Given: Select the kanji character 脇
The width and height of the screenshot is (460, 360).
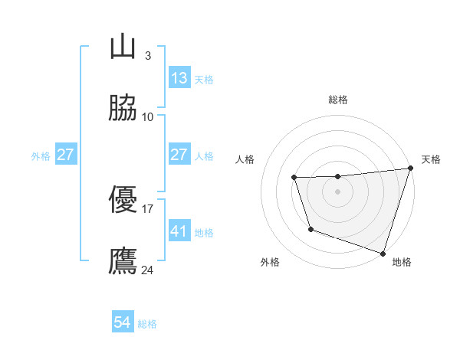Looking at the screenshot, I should (x=123, y=109).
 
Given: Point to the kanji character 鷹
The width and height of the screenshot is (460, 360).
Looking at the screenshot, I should (x=123, y=260).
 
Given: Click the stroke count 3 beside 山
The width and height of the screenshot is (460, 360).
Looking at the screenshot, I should (x=147, y=56).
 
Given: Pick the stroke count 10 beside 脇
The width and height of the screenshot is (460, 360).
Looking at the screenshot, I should (x=148, y=117).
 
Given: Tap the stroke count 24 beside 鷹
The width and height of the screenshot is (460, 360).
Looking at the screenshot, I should (x=148, y=270).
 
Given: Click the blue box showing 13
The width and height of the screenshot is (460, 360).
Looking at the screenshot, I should (x=179, y=78).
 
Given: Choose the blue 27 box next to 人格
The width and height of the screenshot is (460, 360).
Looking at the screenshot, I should (x=179, y=155).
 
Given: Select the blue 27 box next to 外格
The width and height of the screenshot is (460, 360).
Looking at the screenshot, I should (x=65, y=155).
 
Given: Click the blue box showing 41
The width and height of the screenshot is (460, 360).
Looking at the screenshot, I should (x=179, y=231).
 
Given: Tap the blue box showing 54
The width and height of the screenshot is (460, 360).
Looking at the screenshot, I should (x=123, y=322).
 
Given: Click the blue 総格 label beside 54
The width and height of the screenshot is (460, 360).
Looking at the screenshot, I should (x=147, y=324).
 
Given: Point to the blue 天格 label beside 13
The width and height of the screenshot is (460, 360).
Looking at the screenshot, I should (x=204, y=80).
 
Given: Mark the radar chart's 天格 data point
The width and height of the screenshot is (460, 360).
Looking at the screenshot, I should (x=410, y=169).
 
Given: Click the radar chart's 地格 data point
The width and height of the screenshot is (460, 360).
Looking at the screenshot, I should (x=383, y=253).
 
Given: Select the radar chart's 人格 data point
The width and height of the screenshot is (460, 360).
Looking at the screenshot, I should (x=294, y=178).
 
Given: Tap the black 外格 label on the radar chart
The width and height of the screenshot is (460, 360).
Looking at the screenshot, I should (x=270, y=263).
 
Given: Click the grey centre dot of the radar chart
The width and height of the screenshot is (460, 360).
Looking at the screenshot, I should (x=337, y=191).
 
